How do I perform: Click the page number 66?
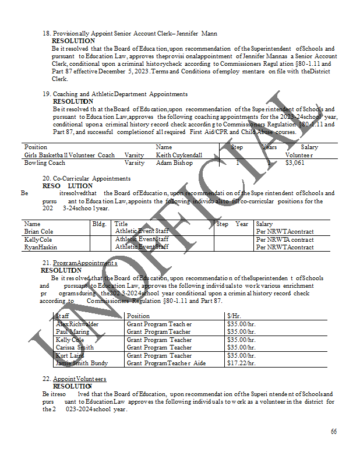334,432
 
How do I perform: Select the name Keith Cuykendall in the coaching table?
179,156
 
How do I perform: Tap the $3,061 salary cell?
295,163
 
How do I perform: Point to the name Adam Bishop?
174,163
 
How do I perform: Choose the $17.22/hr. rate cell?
241,363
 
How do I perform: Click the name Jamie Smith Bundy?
82,363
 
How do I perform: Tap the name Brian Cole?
38,232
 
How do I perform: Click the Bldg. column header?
99,224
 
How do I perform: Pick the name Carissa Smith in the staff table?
75,348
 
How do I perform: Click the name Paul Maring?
73,332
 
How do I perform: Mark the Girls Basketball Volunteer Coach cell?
69,156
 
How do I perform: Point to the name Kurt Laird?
70,356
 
